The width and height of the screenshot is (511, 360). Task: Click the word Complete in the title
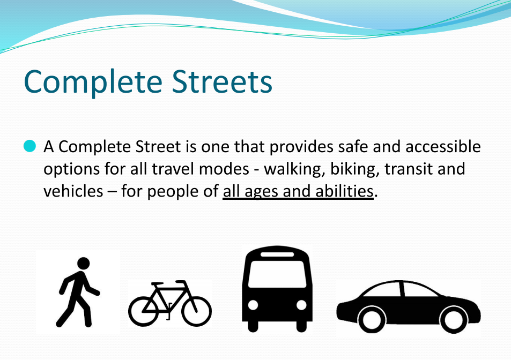click(93, 82)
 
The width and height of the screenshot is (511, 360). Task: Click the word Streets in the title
click(222, 81)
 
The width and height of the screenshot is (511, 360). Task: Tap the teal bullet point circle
click(29, 146)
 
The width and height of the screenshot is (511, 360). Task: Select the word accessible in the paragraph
click(443, 146)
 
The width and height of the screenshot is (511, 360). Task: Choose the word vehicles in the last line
click(73, 191)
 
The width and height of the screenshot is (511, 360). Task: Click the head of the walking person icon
click(84, 264)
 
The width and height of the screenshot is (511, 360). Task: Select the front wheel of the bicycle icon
click(196, 311)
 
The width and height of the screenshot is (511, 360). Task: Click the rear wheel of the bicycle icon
click(143, 311)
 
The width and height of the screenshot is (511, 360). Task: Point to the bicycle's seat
click(158, 284)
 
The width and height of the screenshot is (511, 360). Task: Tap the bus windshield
click(277, 274)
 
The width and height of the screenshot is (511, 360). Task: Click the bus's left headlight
click(253, 305)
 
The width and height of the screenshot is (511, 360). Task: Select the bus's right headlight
click(301, 305)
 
